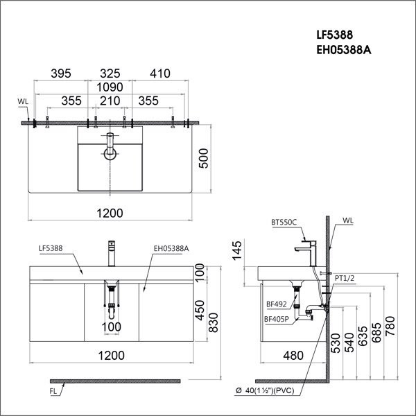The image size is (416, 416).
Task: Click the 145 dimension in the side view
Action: tap(238, 250)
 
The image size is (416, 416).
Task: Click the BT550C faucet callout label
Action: tap(284, 222)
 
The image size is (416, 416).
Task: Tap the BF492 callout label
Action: tap(275, 303)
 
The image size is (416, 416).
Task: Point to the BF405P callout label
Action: tap(277, 319)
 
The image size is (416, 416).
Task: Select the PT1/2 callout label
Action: tap(345, 278)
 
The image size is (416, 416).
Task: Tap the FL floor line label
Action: tap(53, 391)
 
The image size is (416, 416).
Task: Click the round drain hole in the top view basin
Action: tap(109, 154)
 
